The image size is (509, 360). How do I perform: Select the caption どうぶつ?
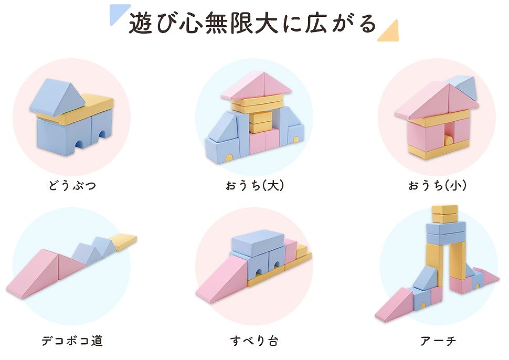72,185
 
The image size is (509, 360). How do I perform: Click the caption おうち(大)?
255,185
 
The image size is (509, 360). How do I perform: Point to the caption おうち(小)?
437,185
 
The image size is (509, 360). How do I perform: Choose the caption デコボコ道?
72,341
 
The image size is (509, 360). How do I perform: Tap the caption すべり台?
254,341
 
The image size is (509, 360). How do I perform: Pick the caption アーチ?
438,341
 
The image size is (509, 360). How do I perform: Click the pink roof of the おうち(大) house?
256,85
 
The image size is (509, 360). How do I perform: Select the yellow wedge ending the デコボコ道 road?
123,241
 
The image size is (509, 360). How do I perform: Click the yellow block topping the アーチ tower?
444,214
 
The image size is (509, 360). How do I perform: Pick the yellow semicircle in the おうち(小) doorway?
448,141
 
